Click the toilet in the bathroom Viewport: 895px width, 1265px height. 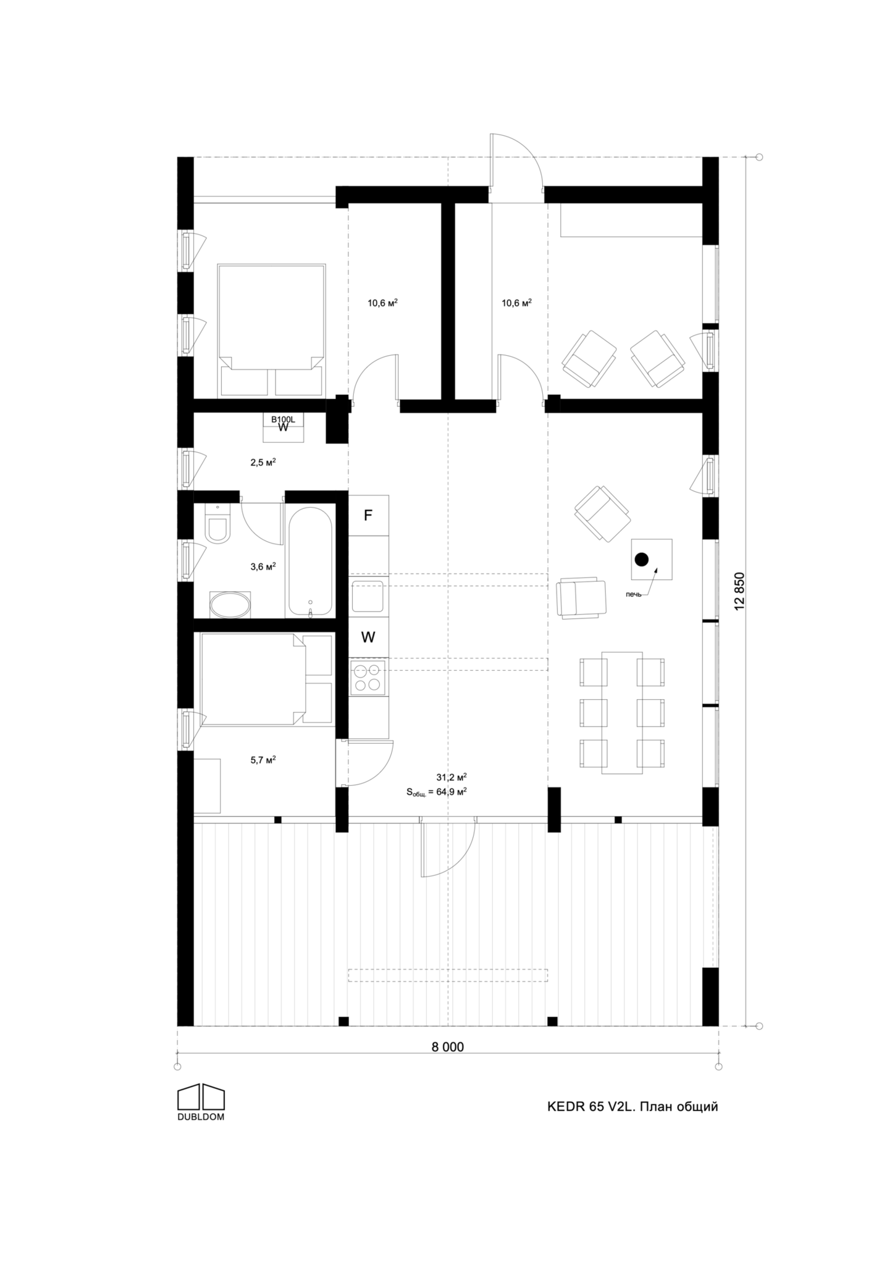[x=217, y=523]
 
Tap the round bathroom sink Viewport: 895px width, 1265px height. [x=230, y=605]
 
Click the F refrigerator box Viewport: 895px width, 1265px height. [x=368, y=515]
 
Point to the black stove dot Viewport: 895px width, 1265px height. [x=642, y=560]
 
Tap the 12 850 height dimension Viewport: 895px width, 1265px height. [x=741, y=591]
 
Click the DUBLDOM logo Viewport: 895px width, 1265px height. [x=201, y=1102]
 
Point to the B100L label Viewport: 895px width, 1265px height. [x=284, y=419]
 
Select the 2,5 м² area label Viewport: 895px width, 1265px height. [x=263, y=461]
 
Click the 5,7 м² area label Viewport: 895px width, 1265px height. [x=263, y=760]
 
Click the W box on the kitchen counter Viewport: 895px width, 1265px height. [x=368, y=637]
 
